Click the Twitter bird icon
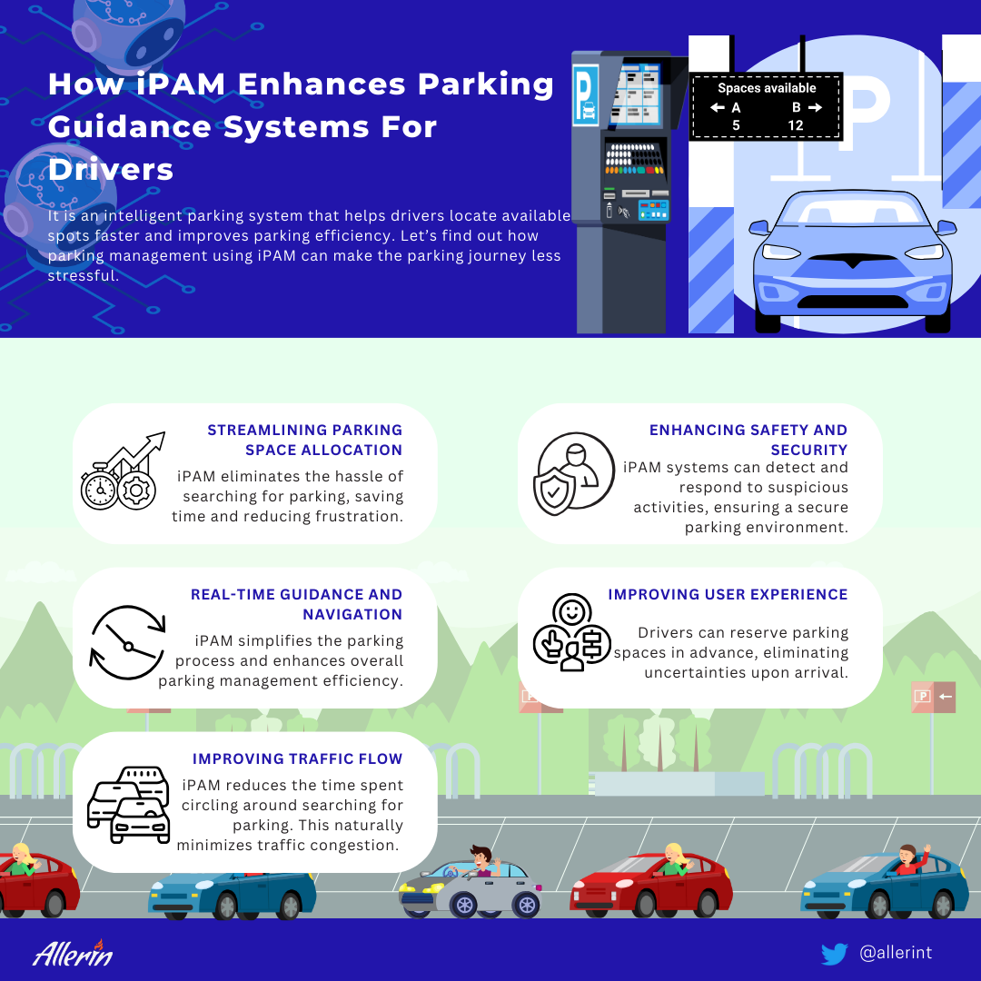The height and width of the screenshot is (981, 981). click(834, 954)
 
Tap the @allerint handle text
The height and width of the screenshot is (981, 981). click(896, 952)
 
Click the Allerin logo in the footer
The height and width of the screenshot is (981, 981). click(73, 953)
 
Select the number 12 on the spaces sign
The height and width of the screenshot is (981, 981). click(795, 125)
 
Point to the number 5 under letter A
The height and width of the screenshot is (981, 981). click(736, 125)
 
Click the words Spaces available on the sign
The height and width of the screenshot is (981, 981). click(767, 88)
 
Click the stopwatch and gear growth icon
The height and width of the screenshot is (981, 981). click(123, 471)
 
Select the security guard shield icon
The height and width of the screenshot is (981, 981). click(573, 473)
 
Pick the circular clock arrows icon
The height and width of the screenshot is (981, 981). click(128, 642)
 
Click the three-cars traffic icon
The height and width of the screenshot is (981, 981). click(129, 805)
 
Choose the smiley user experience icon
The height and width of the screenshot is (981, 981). click(572, 632)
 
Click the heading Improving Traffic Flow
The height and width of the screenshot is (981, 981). click(297, 758)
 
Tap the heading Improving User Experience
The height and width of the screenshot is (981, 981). click(728, 594)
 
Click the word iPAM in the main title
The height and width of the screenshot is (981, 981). click(181, 84)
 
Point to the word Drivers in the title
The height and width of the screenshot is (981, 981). click(110, 169)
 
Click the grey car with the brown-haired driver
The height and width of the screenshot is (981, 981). click(470, 884)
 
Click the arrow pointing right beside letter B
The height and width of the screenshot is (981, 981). click(815, 107)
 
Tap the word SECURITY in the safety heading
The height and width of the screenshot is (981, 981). click(809, 450)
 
